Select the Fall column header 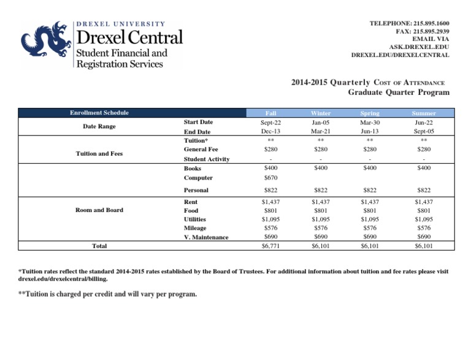[x=270, y=113]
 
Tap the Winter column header [x=321, y=113]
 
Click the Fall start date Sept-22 [x=270, y=123]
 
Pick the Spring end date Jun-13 [x=370, y=131]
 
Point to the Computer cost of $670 [x=270, y=177]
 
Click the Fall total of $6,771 [x=270, y=246]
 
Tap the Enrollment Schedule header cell [x=99, y=113]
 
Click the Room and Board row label [x=99, y=210]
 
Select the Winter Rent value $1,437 [x=321, y=201]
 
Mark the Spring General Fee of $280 [x=370, y=149]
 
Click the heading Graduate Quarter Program [x=399, y=93]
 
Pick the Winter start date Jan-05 [x=321, y=123]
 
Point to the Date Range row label [x=99, y=127]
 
